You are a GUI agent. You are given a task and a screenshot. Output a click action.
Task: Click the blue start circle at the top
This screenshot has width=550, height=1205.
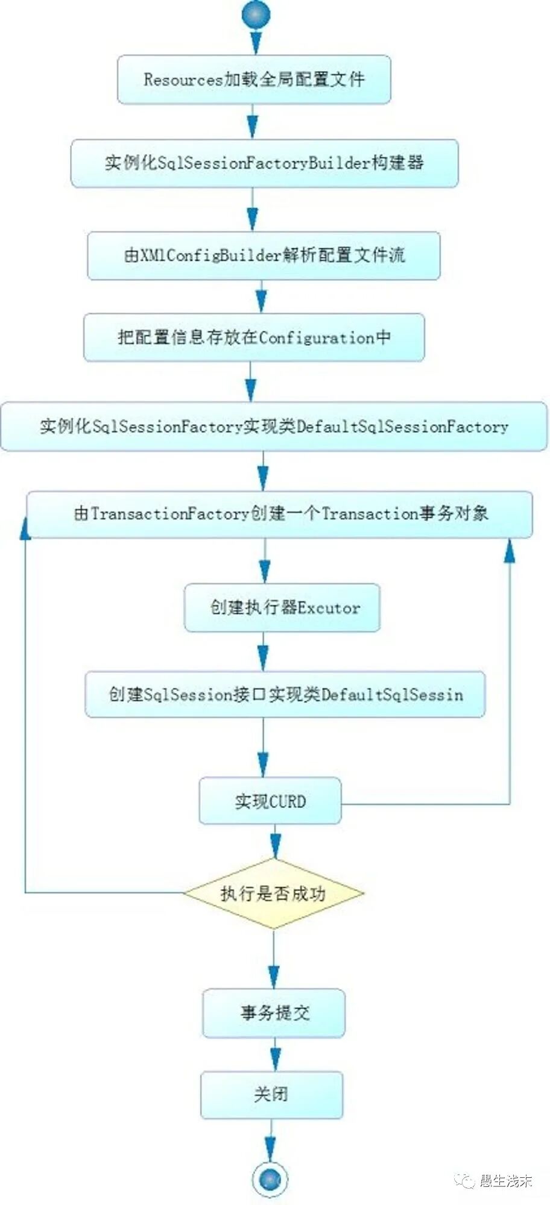tap(256, 14)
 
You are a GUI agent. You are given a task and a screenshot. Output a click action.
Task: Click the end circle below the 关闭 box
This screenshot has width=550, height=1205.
tap(270, 1178)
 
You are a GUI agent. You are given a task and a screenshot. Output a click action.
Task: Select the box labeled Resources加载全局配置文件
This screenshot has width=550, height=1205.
tap(254, 80)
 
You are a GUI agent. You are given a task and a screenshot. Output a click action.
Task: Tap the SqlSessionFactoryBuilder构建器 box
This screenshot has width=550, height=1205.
tap(264, 163)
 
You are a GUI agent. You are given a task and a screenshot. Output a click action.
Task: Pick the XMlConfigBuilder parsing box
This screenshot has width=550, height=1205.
tap(264, 255)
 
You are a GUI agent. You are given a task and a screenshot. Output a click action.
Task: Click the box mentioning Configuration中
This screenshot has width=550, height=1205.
tap(254, 337)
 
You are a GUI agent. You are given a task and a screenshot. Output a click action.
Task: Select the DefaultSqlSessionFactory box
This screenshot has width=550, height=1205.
tap(274, 427)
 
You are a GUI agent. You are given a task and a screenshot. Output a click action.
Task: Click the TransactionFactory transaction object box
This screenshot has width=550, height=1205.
tap(280, 514)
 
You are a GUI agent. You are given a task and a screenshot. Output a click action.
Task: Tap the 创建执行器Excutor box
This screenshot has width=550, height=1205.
tap(282, 607)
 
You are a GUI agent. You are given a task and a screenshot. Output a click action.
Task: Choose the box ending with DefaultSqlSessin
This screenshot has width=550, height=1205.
tap(285, 694)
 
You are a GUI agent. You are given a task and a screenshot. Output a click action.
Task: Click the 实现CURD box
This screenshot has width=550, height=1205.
tap(270, 801)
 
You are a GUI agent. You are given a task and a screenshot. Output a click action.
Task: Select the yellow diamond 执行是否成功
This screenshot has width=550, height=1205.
tap(273, 893)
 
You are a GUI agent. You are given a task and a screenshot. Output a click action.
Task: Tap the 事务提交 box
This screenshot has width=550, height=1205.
tap(274, 1013)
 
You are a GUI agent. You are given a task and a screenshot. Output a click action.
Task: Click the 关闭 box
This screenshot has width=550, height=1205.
tap(271, 1094)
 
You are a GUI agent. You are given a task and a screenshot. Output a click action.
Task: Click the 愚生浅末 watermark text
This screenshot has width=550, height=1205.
tap(505, 1180)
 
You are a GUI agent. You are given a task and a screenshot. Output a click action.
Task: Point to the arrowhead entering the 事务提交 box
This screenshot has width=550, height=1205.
tap(274, 976)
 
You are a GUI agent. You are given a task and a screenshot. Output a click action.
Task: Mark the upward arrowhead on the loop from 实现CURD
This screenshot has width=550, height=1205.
tap(510, 551)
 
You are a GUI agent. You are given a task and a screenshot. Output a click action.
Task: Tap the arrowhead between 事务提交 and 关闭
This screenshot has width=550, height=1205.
tap(275, 1059)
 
